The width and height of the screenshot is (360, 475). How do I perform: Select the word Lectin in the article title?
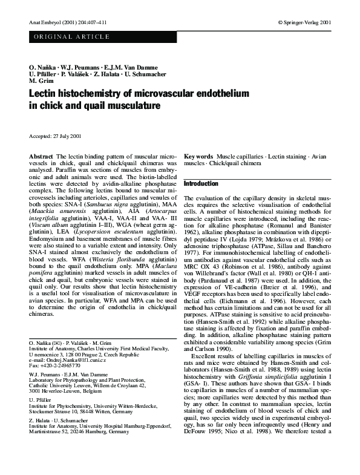pos(45,94)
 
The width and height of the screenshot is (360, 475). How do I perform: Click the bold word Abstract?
pos(41,157)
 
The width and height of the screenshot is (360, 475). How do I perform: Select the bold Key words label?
pos(198,157)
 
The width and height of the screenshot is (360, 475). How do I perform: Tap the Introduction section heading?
pos(201,183)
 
